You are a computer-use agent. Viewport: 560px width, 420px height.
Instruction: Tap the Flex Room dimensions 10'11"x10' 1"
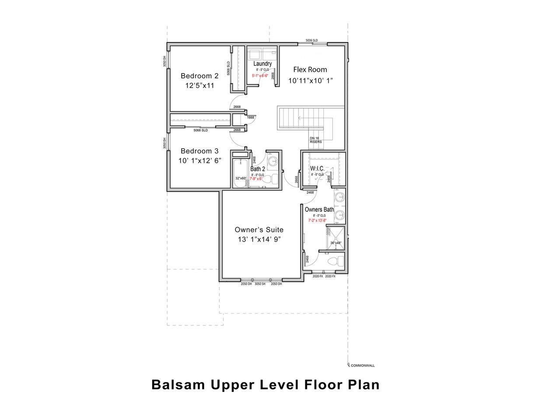pyautogui.click(x=310, y=81)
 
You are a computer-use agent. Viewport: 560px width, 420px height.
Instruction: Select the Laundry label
pyautogui.click(x=263, y=64)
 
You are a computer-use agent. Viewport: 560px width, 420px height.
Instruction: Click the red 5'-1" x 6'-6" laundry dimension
pyautogui.click(x=263, y=76)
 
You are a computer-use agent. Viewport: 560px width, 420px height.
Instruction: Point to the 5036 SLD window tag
pyautogui.click(x=311, y=41)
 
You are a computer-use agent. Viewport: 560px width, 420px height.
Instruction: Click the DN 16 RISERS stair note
pyautogui.click(x=315, y=140)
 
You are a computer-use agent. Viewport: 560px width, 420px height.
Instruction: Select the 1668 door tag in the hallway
pyautogui.click(x=250, y=118)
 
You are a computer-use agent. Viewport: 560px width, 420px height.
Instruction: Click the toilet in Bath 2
pyautogui.click(x=272, y=179)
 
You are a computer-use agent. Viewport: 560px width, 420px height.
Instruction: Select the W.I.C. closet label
pyautogui.click(x=317, y=168)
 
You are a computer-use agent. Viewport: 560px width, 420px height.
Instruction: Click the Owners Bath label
pyautogui.click(x=319, y=210)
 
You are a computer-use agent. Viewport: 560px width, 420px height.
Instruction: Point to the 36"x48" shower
pyautogui.click(x=336, y=238)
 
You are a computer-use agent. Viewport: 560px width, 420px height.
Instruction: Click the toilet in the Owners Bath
pyautogui.click(x=335, y=262)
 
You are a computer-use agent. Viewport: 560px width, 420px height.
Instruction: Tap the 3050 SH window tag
pyautogui.click(x=261, y=284)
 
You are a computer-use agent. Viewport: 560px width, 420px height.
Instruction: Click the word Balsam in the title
pyautogui.click(x=179, y=385)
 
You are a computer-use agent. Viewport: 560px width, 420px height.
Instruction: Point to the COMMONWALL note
pyautogui.click(x=363, y=365)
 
